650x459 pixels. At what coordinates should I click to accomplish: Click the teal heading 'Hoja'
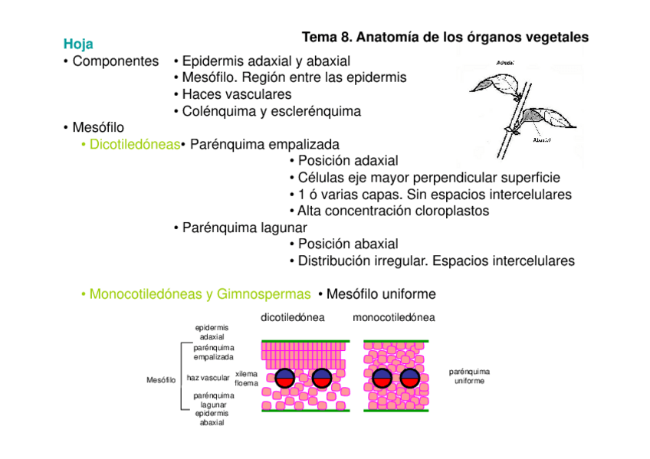click(x=78, y=44)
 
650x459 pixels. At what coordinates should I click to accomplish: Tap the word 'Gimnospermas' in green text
click(x=264, y=294)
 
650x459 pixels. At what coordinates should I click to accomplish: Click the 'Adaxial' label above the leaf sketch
click(x=504, y=61)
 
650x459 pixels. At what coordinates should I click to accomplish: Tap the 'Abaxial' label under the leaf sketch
click(x=540, y=140)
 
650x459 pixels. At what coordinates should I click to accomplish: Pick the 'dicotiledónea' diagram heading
click(x=292, y=317)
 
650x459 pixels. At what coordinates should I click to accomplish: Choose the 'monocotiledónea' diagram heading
click(x=394, y=317)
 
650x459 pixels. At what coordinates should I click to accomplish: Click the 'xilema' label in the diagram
click(x=246, y=373)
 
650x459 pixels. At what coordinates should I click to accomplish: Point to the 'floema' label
click(x=246, y=383)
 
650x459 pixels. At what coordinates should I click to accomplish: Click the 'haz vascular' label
click(x=208, y=378)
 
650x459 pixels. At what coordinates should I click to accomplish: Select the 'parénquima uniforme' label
click(x=468, y=376)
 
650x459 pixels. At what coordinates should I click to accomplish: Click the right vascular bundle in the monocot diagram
click(x=409, y=378)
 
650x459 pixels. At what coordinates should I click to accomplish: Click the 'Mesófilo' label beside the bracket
click(x=161, y=379)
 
